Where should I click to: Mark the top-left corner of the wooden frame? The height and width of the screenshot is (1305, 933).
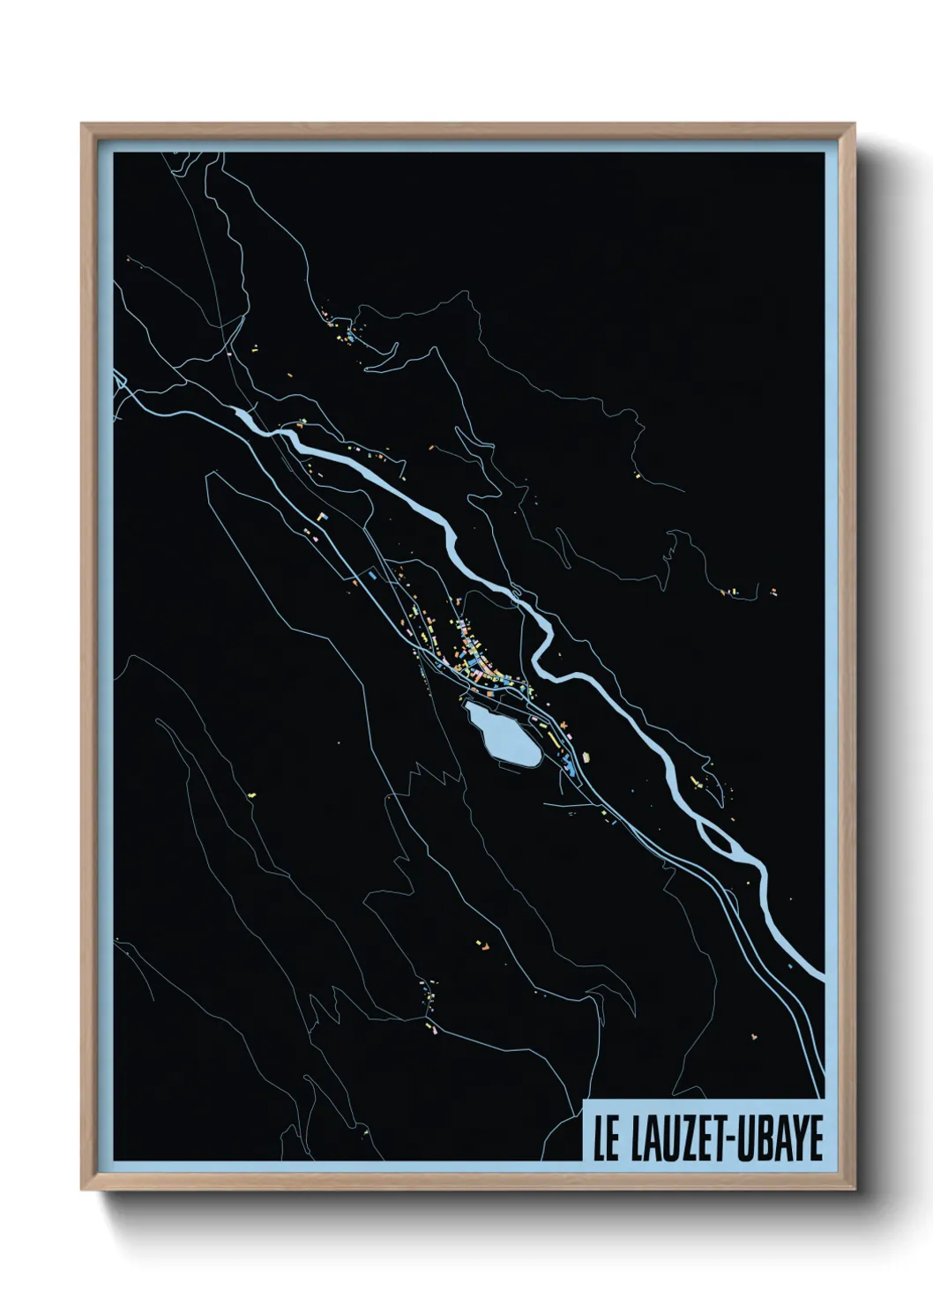coord(82,124)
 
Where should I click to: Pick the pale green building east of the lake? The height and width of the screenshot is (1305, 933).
coord(584,755)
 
